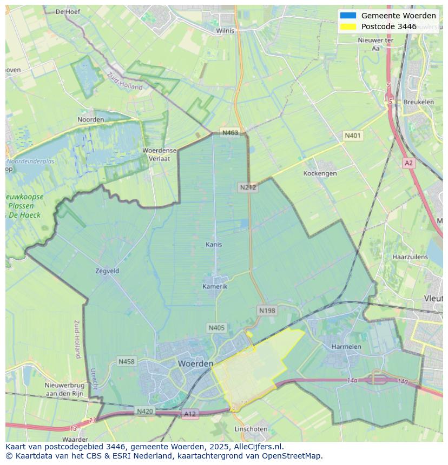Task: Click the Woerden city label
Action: point(195,364)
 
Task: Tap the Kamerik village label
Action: point(215,286)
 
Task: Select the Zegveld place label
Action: point(107,271)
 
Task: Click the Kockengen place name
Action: point(320,173)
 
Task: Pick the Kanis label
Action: point(214,245)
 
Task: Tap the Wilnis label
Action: point(225,31)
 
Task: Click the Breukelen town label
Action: point(418,102)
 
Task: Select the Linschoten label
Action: point(251,429)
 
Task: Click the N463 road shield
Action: point(230,133)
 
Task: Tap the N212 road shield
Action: point(248,187)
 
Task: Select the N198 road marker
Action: point(267,311)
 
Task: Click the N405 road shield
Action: point(216,328)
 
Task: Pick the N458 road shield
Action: point(126,361)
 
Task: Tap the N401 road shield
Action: point(352,136)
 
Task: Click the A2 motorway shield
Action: point(409,163)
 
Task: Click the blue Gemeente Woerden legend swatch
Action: point(348,16)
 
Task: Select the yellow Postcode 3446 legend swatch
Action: point(348,26)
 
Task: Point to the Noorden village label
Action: point(90,119)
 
